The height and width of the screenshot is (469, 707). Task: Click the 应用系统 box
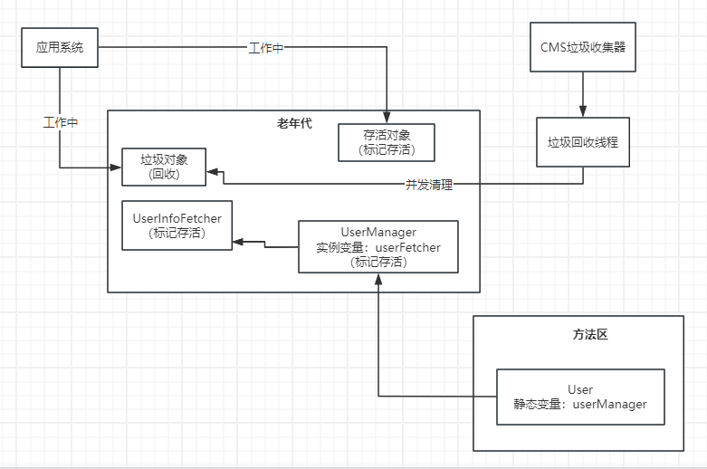[60, 47]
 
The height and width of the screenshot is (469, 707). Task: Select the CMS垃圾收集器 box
[582, 47]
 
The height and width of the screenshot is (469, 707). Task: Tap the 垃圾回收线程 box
[582, 142]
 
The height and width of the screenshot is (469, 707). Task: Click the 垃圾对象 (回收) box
[163, 167]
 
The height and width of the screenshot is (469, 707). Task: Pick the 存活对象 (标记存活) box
[387, 143]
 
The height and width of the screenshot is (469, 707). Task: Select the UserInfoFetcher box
[177, 225]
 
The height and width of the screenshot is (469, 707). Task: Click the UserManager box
[378, 246]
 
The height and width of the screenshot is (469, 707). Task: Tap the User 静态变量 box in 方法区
[580, 397]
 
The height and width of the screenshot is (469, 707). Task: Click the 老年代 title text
[294, 123]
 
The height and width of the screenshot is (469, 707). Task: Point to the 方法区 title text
[589, 334]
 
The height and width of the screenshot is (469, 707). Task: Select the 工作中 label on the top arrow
[266, 48]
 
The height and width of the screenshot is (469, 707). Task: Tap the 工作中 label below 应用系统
[61, 122]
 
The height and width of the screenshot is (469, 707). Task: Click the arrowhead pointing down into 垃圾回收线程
[582, 111]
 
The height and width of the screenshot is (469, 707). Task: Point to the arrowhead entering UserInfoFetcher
[237, 243]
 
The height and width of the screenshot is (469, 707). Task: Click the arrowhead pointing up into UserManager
[377, 279]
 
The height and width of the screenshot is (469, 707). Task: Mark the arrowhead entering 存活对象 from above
[387, 118]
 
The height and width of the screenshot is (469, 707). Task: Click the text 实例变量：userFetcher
[378, 247]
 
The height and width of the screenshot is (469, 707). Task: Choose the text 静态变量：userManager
[580, 404]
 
